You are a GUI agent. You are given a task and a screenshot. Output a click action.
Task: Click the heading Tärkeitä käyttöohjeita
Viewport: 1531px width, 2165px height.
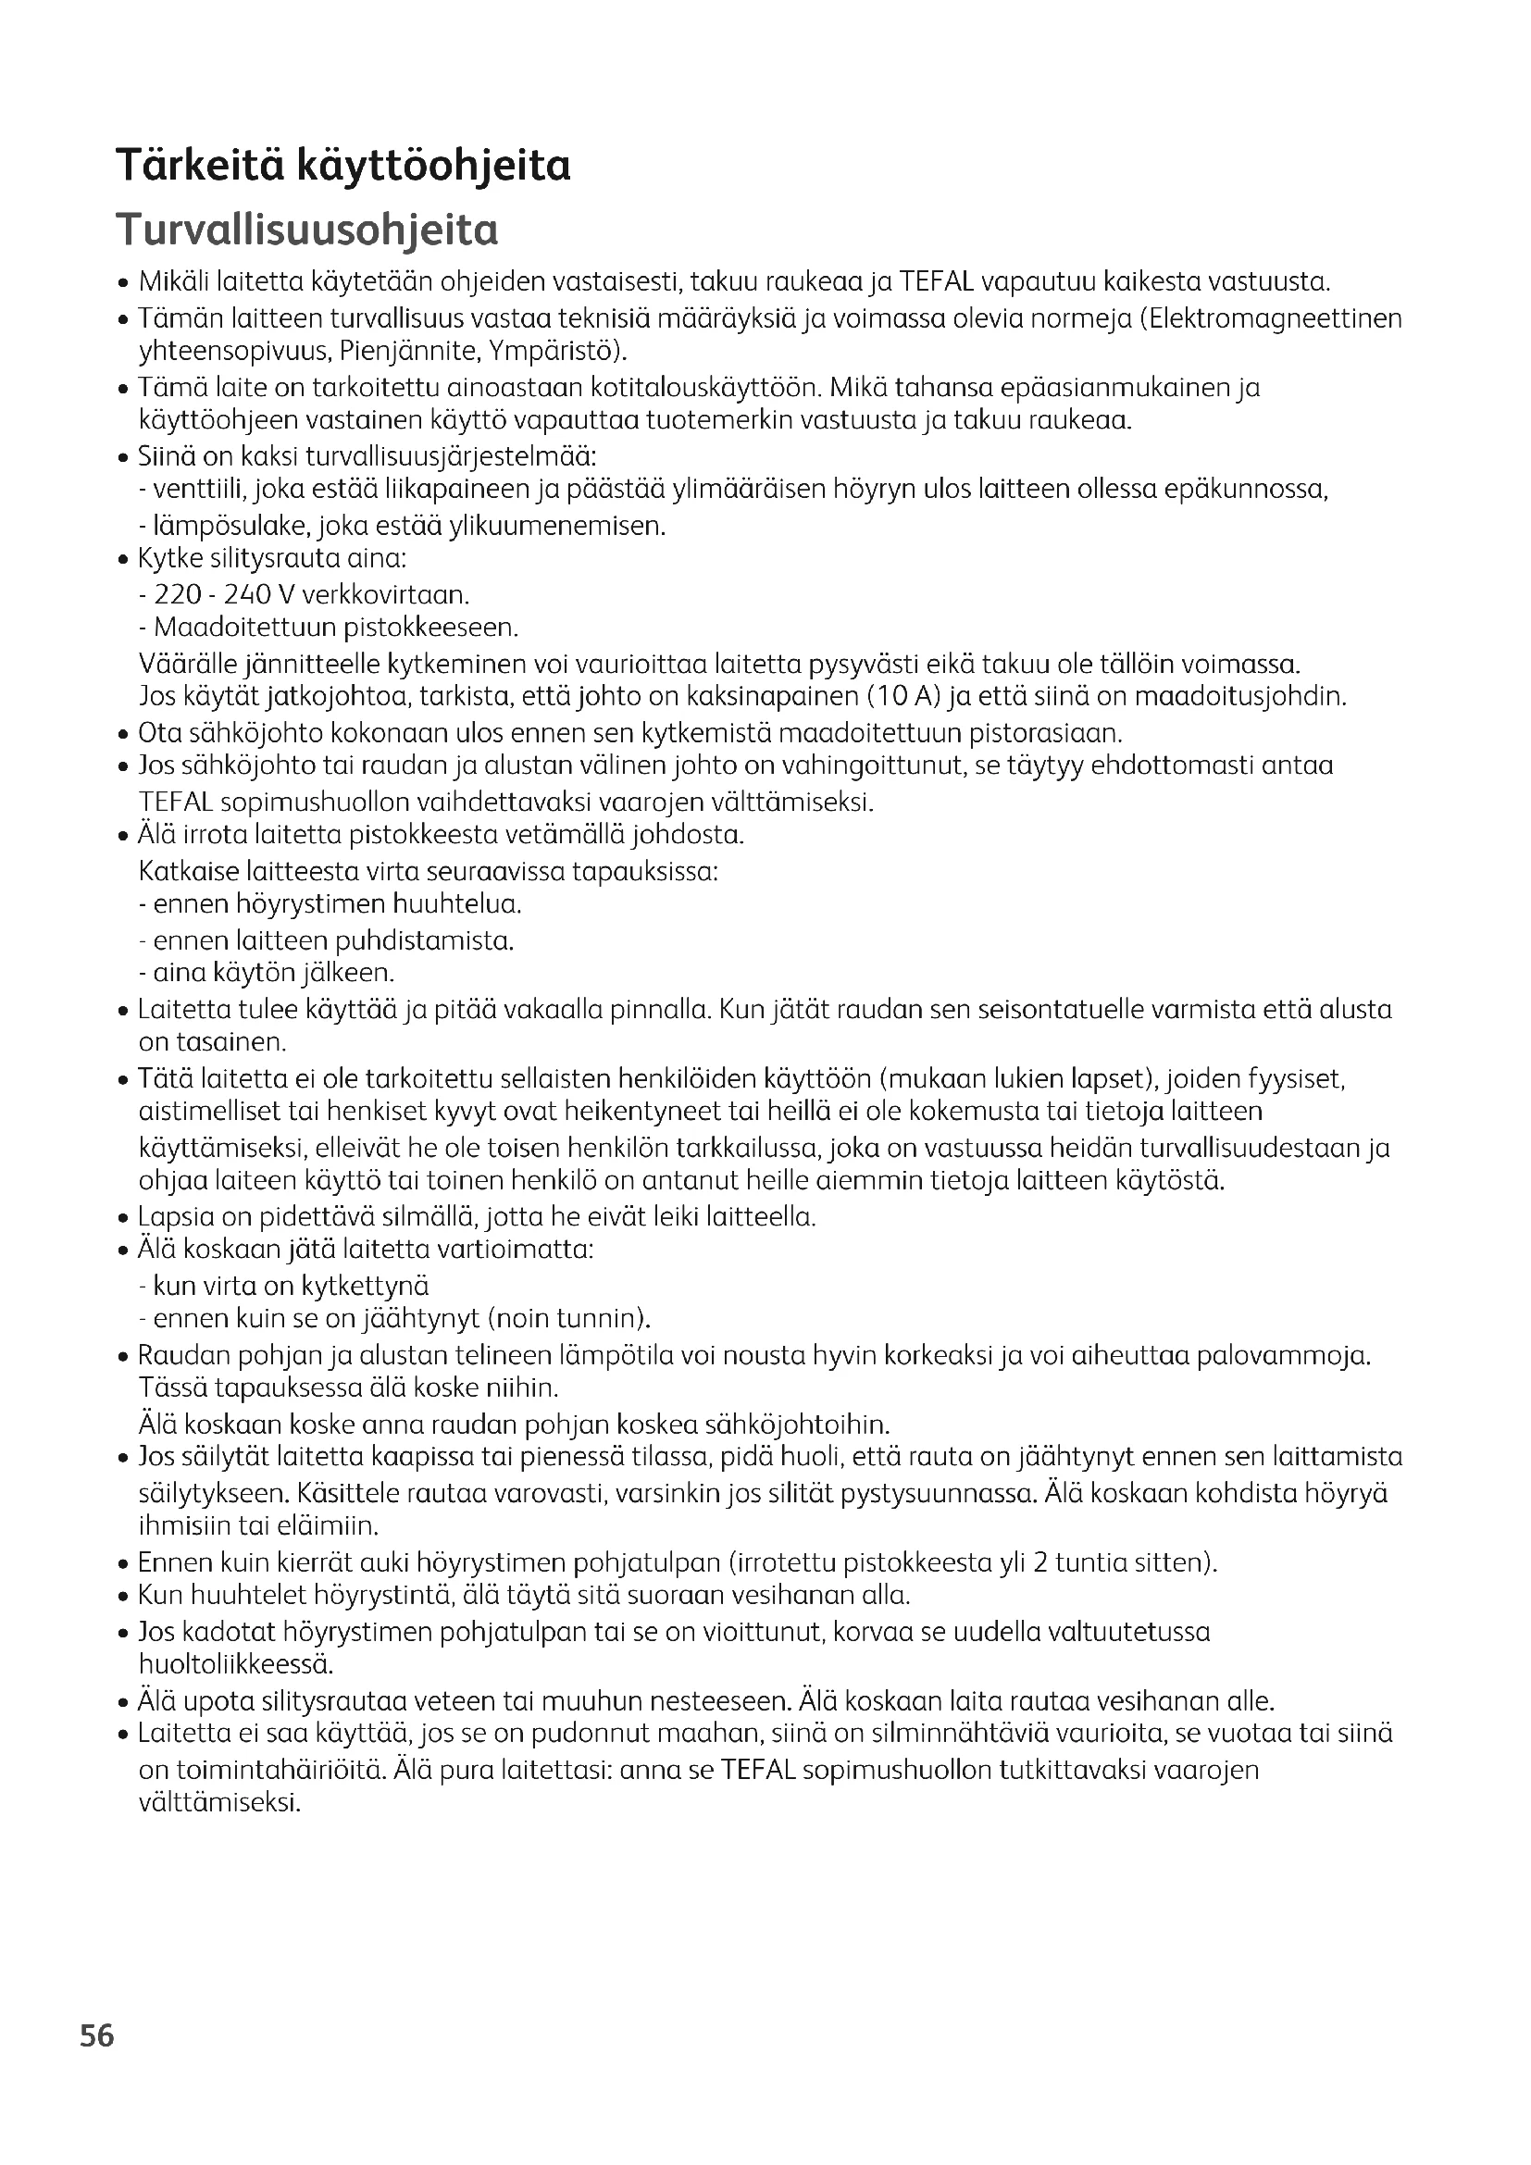tap(343, 166)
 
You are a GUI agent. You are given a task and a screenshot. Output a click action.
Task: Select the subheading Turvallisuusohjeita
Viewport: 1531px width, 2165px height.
tap(306, 230)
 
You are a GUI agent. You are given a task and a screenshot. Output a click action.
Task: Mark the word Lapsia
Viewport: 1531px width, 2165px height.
tap(168, 1217)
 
